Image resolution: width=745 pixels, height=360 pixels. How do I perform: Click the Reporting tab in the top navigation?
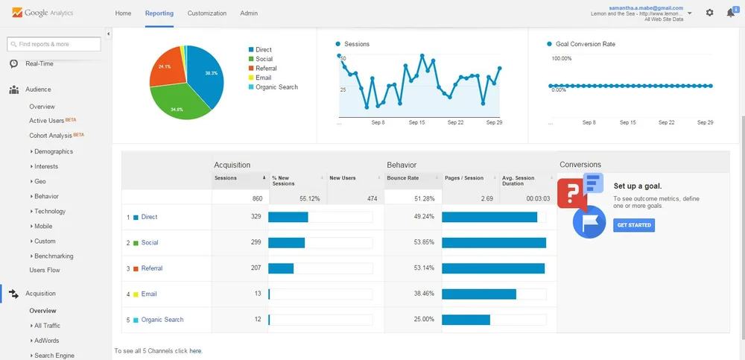(159, 13)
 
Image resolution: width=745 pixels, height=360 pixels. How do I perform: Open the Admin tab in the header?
(249, 13)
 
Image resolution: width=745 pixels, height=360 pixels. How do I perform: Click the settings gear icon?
(709, 13)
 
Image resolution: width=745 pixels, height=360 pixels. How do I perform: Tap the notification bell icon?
(731, 13)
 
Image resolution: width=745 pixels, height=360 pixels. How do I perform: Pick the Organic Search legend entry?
(276, 87)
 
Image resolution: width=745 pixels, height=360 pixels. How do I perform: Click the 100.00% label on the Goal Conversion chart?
(561, 58)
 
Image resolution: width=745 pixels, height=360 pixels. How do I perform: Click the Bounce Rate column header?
(403, 178)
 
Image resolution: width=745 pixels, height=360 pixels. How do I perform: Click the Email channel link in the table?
(149, 294)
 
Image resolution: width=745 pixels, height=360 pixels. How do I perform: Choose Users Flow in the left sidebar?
(45, 270)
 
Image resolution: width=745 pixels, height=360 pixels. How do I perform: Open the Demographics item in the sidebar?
(54, 151)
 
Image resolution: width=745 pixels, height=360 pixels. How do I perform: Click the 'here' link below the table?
(195, 350)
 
